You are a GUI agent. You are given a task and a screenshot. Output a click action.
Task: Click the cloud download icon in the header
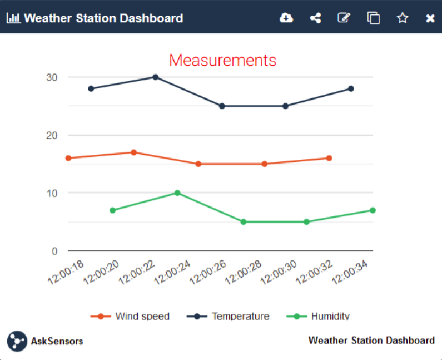[x=286, y=18]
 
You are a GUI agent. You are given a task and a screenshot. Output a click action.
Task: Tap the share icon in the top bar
[x=315, y=18]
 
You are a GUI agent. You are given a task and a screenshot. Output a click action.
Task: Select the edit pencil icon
[x=344, y=18]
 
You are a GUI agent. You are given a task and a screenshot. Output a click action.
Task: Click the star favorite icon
[x=403, y=18]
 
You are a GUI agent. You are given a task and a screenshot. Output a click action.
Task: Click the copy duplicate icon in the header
[x=374, y=18]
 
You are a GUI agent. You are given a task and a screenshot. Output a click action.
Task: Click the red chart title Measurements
[x=222, y=60]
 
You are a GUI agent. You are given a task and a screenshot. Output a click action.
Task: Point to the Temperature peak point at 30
[x=156, y=77]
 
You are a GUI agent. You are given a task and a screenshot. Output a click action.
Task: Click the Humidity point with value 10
[x=177, y=193]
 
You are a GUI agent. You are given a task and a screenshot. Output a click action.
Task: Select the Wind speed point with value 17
[x=134, y=152]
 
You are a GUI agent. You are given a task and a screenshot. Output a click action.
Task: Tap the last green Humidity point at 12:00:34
[x=373, y=210]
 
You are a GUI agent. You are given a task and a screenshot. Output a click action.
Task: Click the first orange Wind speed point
[x=68, y=158]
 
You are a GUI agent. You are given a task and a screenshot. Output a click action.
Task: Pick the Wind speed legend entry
[x=130, y=317]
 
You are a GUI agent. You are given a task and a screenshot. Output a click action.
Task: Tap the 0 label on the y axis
[x=54, y=251]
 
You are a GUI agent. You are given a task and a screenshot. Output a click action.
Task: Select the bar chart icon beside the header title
[x=13, y=18]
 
